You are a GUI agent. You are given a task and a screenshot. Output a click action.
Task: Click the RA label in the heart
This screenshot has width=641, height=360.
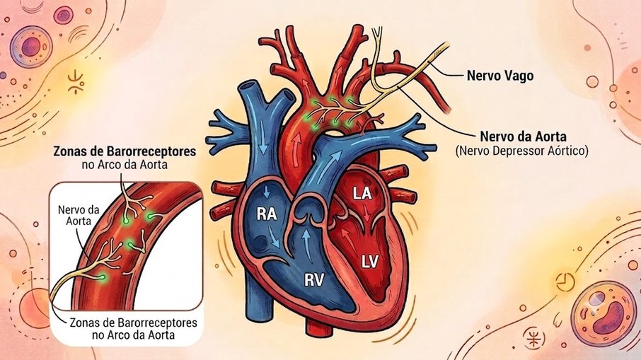coord(267,214)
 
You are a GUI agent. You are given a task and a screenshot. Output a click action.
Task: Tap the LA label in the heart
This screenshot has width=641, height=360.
coord(362,193)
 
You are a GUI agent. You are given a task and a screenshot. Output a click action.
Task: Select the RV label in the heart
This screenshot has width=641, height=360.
coord(314,280)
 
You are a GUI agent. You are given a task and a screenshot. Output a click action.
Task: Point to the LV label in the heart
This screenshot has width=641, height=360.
coord(370,262)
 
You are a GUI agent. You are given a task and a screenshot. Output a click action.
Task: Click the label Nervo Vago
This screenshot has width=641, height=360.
coord(500,76)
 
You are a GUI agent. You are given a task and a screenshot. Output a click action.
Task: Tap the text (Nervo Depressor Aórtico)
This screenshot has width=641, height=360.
coord(522,151)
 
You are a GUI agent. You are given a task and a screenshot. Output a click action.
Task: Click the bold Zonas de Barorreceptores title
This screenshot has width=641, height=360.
coord(125,151)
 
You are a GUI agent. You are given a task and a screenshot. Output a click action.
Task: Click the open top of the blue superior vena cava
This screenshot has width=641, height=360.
coord(249,87)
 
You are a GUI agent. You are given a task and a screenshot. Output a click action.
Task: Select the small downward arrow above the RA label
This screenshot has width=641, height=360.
coord(267,192)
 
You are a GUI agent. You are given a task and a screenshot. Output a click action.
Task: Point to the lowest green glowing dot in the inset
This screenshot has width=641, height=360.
coord(101,277)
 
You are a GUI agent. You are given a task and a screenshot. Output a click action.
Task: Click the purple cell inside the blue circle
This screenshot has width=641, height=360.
coord(31,47)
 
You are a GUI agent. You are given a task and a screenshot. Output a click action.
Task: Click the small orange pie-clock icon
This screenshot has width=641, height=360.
coord(565,281)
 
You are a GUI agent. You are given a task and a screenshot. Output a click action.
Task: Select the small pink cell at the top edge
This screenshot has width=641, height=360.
coord(64,15)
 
